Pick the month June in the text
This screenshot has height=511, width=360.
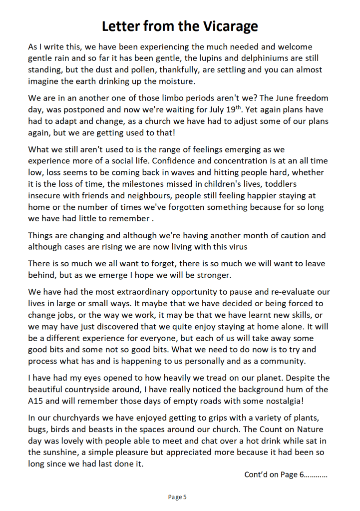(282, 98)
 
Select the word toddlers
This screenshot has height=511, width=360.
(307, 184)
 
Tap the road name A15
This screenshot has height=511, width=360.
(36, 401)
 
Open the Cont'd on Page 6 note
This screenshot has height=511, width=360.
(286, 475)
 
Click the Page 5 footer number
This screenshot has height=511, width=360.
(177, 497)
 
